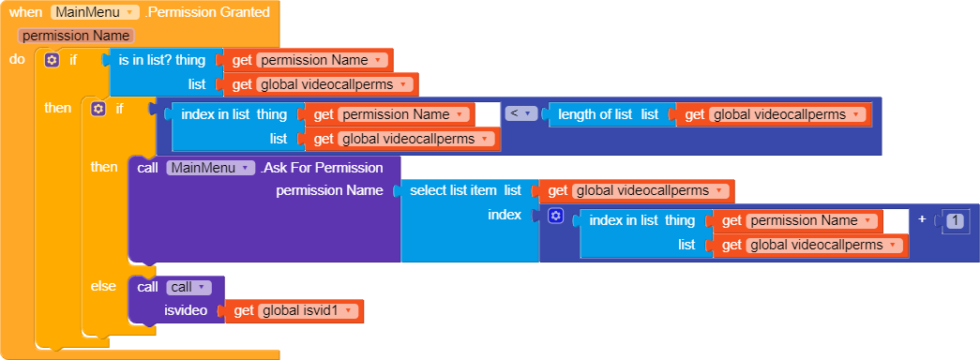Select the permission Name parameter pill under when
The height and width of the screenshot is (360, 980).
coord(76,36)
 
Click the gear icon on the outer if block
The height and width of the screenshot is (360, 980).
coord(52,60)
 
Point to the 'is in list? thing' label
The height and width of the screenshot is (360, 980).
coord(161,60)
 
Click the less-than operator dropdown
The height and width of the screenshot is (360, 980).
coord(520,114)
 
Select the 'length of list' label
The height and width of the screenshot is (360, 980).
coord(595,114)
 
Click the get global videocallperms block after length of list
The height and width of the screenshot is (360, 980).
coord(773,114)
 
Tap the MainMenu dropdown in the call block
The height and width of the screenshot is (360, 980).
coord(210,168)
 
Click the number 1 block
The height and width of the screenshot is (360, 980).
coord(955,220)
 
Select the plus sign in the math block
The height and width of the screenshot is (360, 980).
coord(923,219)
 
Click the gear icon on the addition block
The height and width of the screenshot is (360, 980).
coord(555,217)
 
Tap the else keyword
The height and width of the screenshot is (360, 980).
coord(102,286)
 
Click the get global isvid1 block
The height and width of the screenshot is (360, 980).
coord(294,311)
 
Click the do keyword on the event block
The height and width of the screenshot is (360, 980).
coord(17,60)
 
